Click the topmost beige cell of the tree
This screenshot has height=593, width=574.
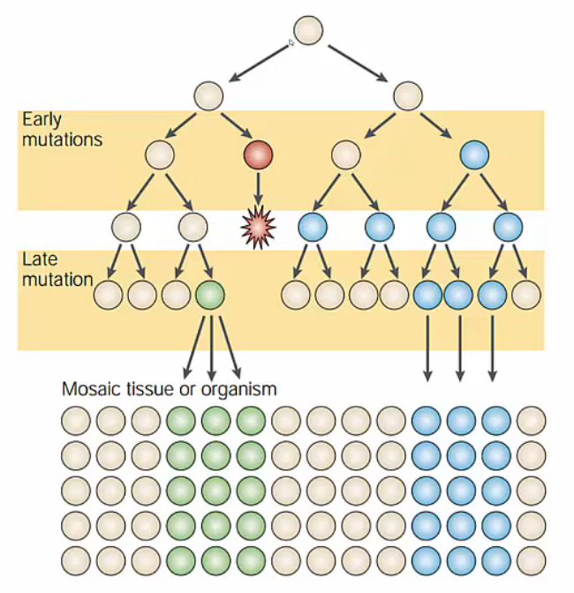(x=307, y=29)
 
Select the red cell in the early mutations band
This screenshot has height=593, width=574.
(x=258, y=155)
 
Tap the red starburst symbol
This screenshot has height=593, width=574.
(x=258, y=229)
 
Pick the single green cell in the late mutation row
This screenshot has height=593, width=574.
(x=209, y=295)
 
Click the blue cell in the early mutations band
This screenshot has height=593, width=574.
(x=474, y=155)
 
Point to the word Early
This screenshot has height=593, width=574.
(x=42, y=119)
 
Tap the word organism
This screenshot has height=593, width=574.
(x=240, y=388)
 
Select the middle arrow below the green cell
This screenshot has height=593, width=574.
(x=212, y=344)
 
